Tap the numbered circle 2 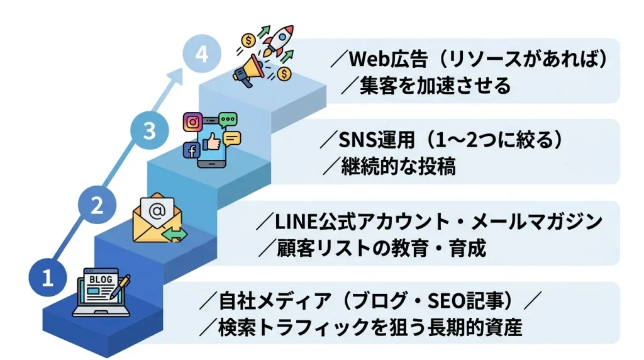(x=97, y=206)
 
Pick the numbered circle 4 (x=201, y=55)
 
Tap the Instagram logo (x=193, y=121)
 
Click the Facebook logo (x=191, y=150)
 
